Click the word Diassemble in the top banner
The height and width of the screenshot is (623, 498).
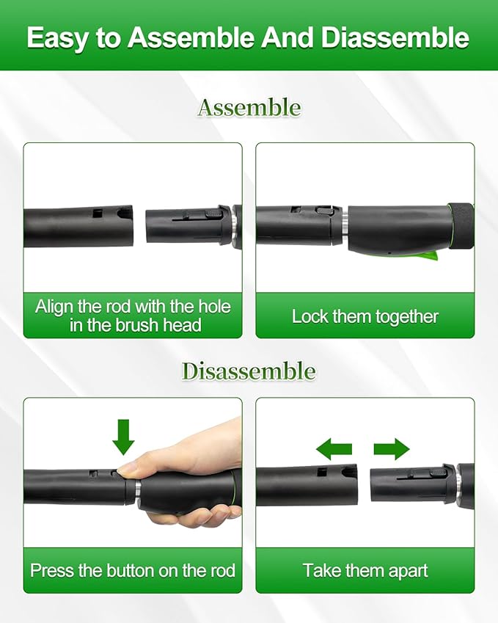[394, 37]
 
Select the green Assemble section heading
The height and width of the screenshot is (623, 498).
[249, 108]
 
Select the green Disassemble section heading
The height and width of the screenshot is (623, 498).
[249, 371]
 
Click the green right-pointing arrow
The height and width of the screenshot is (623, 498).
[391, 448]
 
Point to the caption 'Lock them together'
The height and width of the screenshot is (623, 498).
[365, 317]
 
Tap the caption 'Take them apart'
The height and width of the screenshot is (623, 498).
[365, 570]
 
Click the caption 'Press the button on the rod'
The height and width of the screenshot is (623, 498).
[133, 570]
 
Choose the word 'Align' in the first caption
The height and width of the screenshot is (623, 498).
[54, 307]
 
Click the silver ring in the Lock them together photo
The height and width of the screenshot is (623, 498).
[343, 225]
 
